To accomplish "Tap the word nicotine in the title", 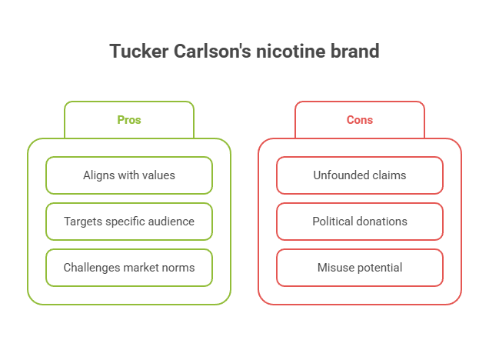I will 289,52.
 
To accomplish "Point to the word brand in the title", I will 354,52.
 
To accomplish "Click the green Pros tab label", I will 129,120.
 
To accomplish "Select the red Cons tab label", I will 360,120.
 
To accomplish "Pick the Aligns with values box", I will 129,175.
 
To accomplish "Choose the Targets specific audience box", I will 129,222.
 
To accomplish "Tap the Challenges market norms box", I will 129,268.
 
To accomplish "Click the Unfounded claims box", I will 360,175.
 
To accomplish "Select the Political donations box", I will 360,222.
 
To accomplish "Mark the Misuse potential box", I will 360,268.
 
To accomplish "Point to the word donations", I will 382,222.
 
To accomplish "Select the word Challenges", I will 91,268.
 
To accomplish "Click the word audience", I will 171,222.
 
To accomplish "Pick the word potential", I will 378,268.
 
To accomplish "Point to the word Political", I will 332,222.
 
